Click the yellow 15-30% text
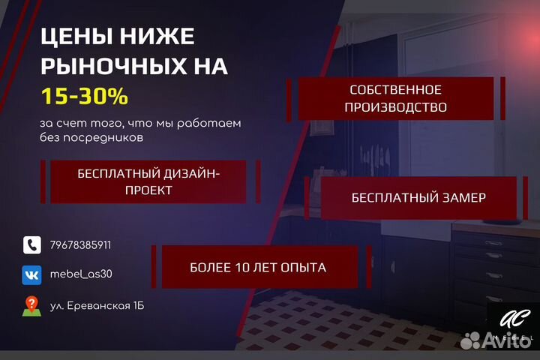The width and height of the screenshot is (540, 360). [84, 97]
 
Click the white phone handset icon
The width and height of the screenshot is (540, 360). [31, 245]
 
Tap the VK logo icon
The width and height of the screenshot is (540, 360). [31, 274]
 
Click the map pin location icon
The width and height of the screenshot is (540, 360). [31, 306]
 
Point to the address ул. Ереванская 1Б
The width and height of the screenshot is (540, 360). [97, 306]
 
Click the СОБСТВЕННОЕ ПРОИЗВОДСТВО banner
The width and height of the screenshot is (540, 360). [396, 98]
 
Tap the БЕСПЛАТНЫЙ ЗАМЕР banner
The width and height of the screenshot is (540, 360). [418, 198]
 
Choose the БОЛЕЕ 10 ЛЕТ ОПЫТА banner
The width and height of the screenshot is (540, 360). [258, 267]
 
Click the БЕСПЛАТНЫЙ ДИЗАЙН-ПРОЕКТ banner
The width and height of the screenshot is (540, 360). [148, 181]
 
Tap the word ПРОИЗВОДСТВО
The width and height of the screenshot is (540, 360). [396, 107]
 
